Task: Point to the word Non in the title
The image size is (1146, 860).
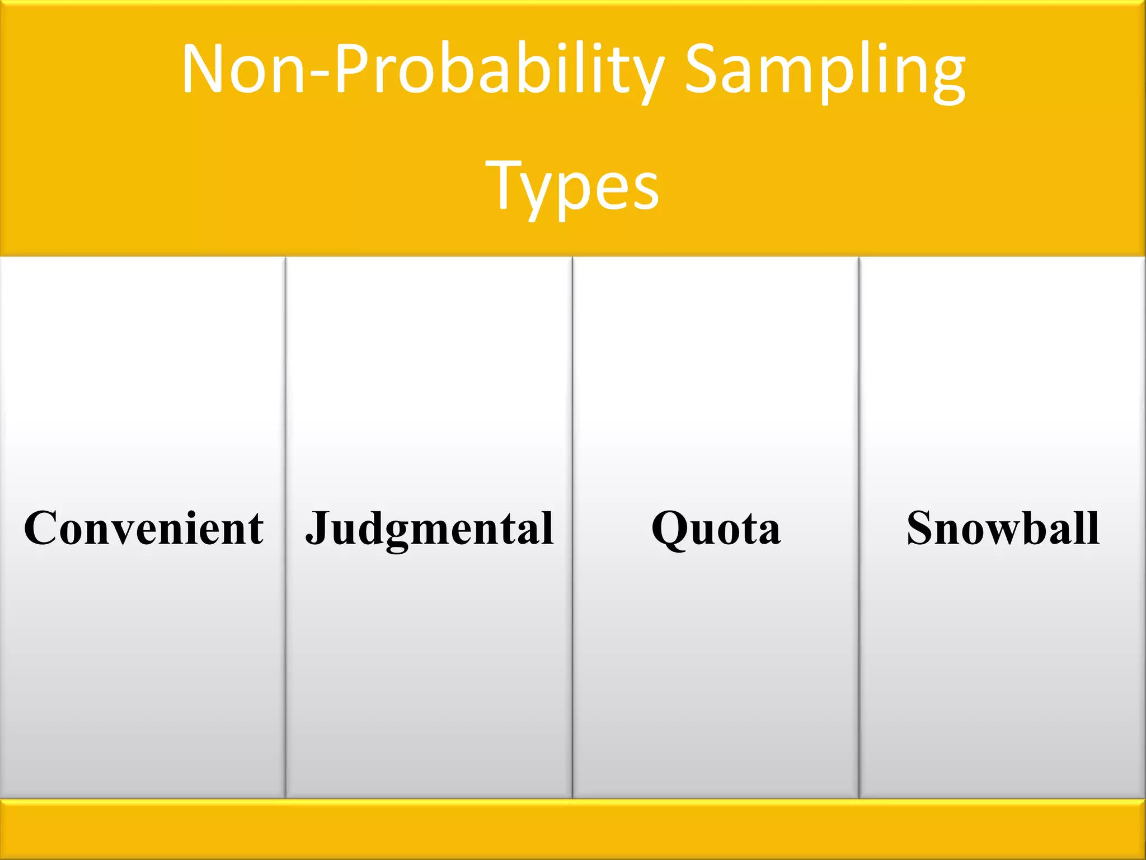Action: (x=243, y=70)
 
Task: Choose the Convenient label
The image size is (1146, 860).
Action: (x=143, y=528)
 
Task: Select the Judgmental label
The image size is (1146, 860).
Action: (x=430, y=528)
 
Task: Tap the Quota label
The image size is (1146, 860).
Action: (x=716, y=528)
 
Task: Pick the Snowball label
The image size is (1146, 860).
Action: (x=1003, y=528)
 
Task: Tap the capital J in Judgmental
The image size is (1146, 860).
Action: (x=318, y=526)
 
